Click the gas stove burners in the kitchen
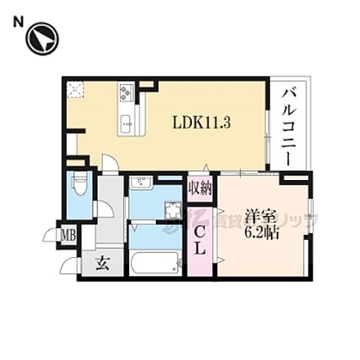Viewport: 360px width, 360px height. [125, 93]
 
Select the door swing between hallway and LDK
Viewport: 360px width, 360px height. [109, 163]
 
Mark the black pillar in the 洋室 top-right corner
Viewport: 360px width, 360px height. [295, 178]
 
